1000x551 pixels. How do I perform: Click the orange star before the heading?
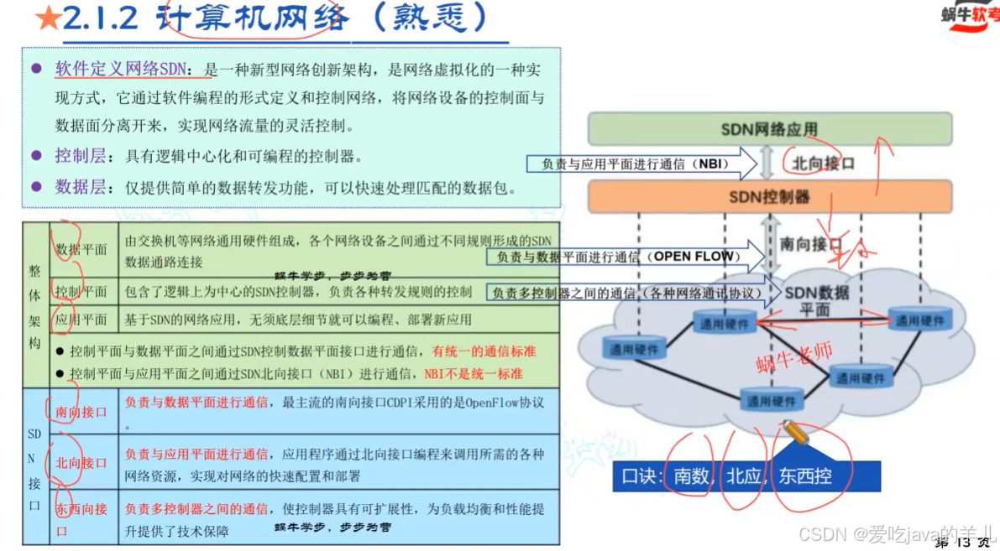48,18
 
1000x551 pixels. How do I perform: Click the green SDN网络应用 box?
769,129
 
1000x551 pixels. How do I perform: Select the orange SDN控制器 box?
769,196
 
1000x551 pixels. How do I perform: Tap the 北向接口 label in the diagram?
822,164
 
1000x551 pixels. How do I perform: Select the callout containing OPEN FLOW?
626,256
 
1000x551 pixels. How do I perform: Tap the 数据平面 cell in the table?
81,249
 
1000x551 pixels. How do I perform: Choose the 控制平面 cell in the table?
81,291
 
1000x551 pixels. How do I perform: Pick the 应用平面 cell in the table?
81,319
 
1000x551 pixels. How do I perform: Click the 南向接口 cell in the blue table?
81,412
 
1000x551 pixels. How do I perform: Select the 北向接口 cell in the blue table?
81,462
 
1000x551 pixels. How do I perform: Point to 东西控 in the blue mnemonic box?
804,476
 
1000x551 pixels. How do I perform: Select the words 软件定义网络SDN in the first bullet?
123,69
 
